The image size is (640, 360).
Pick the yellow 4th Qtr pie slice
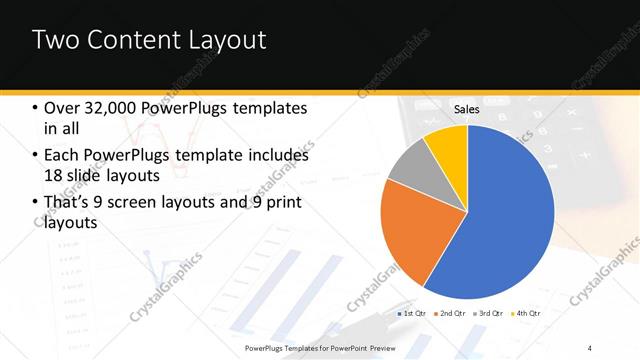(x=448, y=146)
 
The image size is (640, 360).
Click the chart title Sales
(x=467, y=108)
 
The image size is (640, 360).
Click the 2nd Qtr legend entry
(x=450, y=314)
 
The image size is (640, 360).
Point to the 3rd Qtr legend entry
(x=487, y=314)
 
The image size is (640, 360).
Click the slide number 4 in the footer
(x=590, y=347)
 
